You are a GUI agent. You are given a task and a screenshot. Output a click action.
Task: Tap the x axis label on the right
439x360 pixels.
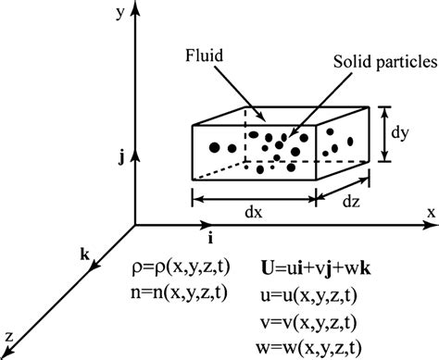431,212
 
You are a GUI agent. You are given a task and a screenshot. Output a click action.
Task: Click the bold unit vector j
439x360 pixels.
121,157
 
